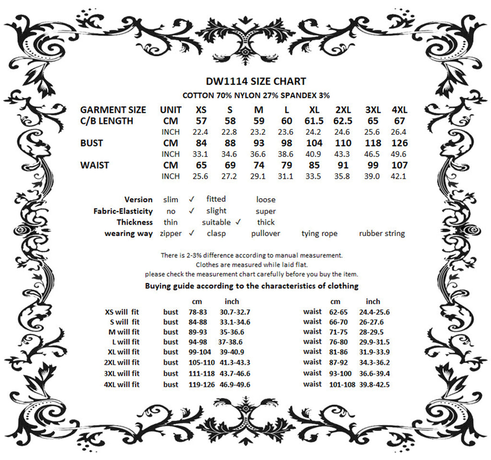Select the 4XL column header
coord(399,110)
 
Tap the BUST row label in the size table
coord(91,143)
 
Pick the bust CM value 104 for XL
coord(314,143)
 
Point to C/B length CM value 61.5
coord(314,121)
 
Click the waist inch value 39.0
coord(374,176)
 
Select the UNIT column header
coord(171,110)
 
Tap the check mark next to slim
coord(191,199)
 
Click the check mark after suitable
coord(238,222)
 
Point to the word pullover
coord(266,234)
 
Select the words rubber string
coord(382,234)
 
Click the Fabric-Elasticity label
coord(123,211)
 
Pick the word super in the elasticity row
coord(266,211)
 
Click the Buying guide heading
coord(252,286)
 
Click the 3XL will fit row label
coord(122,374)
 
